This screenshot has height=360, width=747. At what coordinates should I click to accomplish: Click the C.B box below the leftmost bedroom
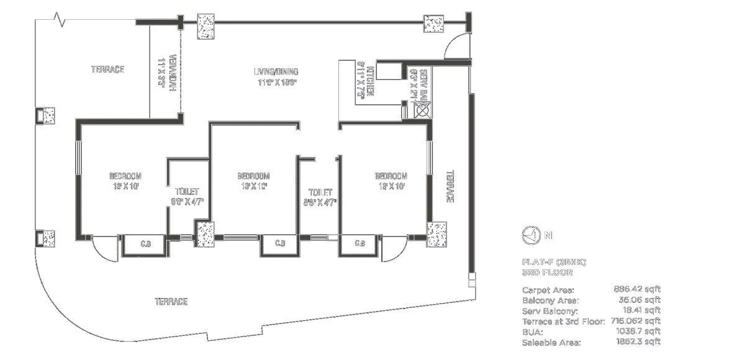pos(143,243)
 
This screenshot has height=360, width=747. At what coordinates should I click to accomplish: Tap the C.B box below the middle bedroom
pos(280,243)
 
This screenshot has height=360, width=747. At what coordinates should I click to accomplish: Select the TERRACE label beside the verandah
pos(108,70)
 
